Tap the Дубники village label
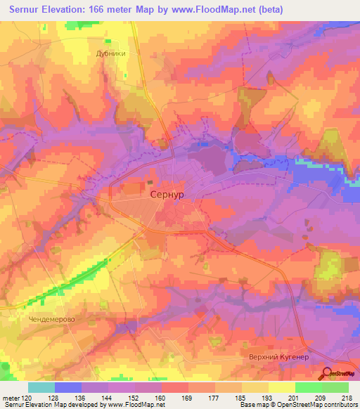(110, 53)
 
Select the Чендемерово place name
(52, 318)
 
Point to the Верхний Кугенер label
(279, 357)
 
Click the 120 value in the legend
(25, 398)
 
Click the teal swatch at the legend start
(41, 387)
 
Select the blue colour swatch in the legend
(68, 387)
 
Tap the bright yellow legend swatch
(281, 387)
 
